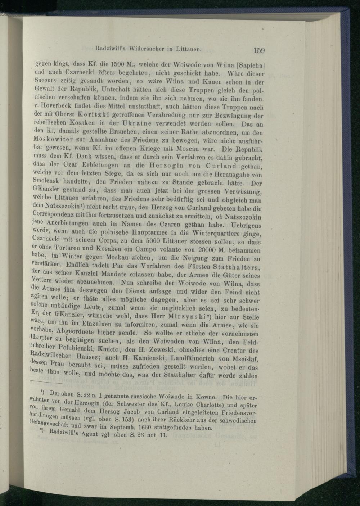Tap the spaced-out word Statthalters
point(237,267)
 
